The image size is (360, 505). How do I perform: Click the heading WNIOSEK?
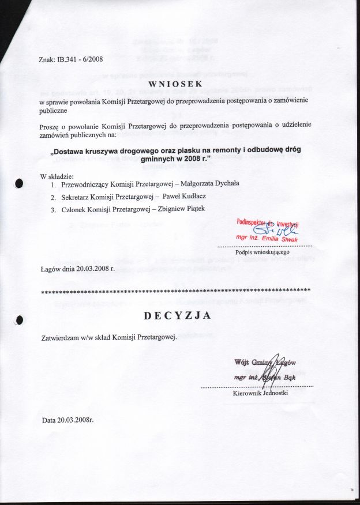pos(176,84)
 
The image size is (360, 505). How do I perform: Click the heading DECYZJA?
pos(177,315)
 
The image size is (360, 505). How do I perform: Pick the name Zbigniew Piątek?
pos(190,209)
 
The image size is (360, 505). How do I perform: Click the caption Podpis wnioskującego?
pos(266,252)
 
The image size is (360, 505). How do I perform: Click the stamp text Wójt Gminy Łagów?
pos(265,363)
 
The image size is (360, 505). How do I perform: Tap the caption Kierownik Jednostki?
pos(260,393)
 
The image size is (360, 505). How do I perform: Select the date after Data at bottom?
pos(76,420)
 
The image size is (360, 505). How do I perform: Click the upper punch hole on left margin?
pos(18,184)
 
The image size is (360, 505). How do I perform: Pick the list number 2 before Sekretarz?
pos(52,197)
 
